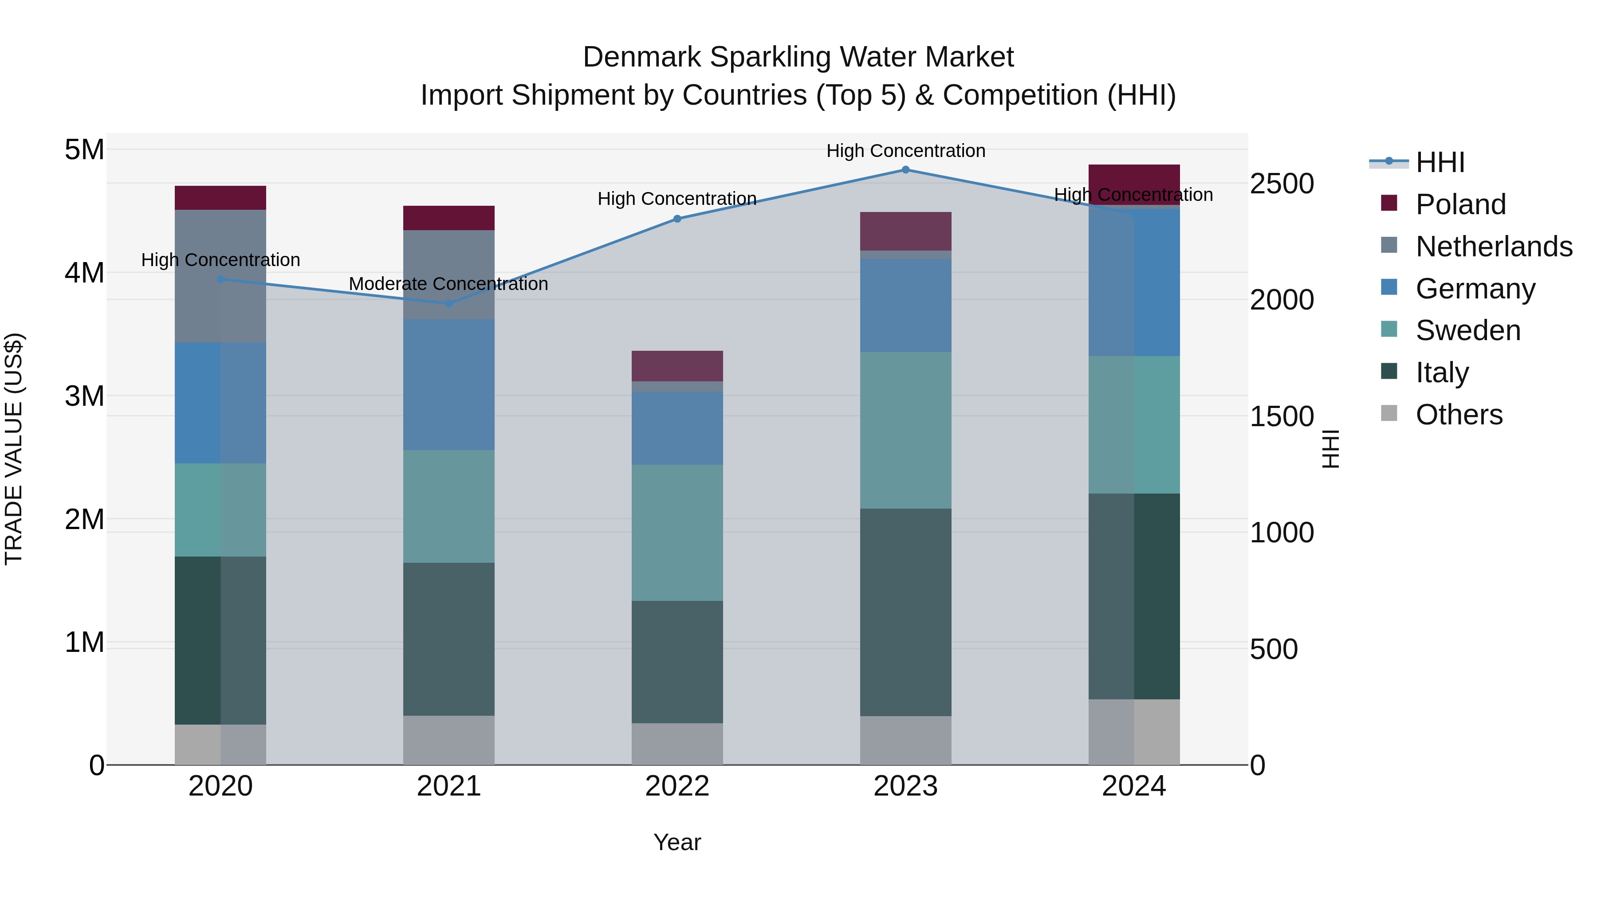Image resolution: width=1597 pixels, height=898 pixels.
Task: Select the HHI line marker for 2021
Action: coord(449,303)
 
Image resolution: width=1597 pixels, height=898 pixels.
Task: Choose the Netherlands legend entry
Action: coord(1494,247)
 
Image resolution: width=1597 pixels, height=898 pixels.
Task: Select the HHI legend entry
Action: coord(1440,162)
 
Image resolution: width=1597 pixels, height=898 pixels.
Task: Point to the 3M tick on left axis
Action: coord(84,396)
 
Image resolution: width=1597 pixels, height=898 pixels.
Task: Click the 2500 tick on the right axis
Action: coord(1282,184)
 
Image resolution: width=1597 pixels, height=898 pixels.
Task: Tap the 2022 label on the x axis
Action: coord(677,786)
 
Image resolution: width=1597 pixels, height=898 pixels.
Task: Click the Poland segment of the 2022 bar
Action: coord(677,366)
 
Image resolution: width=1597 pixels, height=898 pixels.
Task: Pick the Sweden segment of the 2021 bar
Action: coord(449,506)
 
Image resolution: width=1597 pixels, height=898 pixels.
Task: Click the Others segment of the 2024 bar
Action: coord(1134,732)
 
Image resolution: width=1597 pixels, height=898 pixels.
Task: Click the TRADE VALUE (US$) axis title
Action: coord(14,449)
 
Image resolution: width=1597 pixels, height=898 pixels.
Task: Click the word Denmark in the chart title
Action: coord(642,57)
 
